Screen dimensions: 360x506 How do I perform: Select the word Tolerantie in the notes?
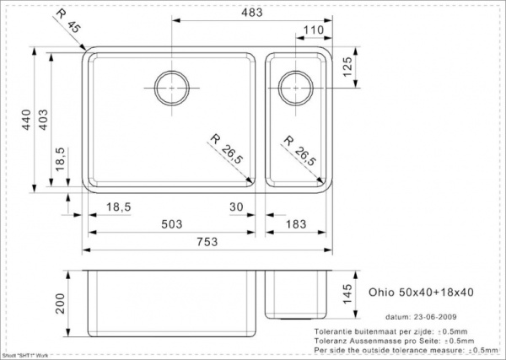[x=331, y=330]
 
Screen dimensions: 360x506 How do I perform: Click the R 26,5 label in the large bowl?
[x=226, y=152]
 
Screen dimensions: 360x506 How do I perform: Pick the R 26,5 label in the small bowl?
[x=301, y=152]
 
